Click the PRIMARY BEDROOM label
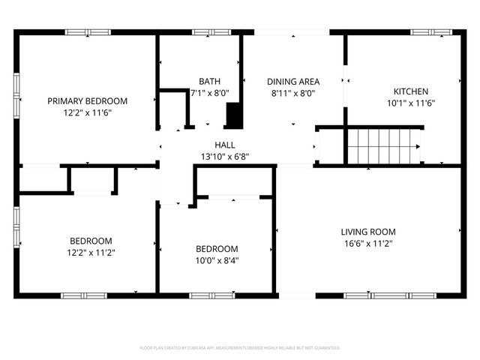(87, 100)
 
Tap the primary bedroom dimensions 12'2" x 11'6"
(87, 112)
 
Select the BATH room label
(209, 82)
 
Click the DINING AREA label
(294, 82)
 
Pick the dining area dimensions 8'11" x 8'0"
(294, 94)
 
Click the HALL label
(226, 145)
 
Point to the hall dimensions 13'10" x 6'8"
(226, 157)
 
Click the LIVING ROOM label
(368, 232)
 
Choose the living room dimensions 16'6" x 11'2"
(368, 244)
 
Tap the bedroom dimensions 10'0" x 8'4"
(217, 261)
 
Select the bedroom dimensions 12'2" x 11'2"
(91, 253)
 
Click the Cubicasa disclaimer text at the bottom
(240, 348)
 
